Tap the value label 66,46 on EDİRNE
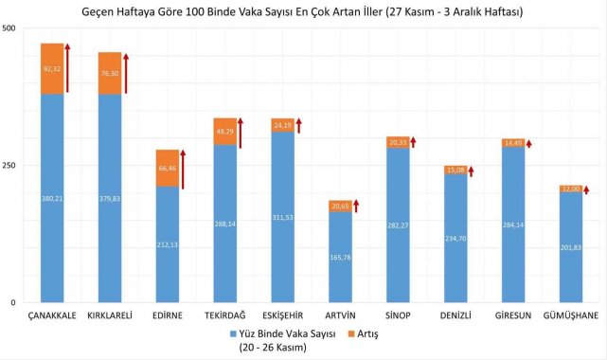(168, 168)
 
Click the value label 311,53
(283, 217)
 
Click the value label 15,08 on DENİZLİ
(455, 171)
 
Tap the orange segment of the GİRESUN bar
(512, 143)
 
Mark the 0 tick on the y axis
(12, 302)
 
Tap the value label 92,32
(52, 68)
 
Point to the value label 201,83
(570, 248)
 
